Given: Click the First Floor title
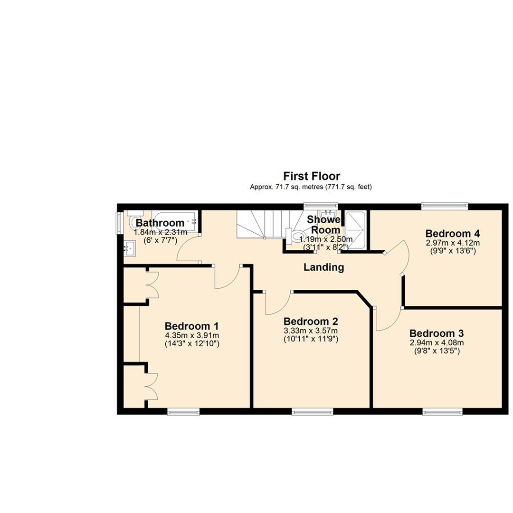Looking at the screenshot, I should click(312, 177).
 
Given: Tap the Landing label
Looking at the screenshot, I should click(323, 267).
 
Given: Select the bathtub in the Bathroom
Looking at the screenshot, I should click(174, 221).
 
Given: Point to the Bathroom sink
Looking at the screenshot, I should click(129, 247).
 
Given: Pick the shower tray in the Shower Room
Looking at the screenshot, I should click(355, 229).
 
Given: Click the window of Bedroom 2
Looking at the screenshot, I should click(312, 411).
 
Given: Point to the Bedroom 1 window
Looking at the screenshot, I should click(183, 411).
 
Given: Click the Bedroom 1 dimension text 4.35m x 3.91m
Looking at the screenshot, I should click(191, 335).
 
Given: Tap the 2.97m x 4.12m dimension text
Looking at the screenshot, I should click(452, 242).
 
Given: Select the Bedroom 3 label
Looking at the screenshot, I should click(437, 332).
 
